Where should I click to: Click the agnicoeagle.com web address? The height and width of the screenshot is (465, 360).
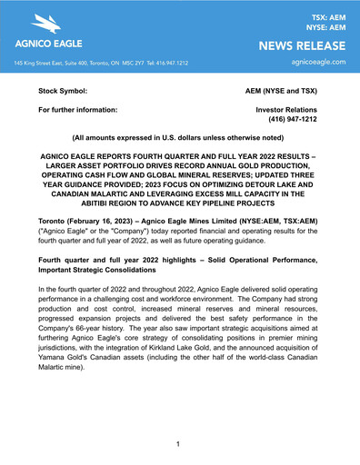[x=313, y=63]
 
